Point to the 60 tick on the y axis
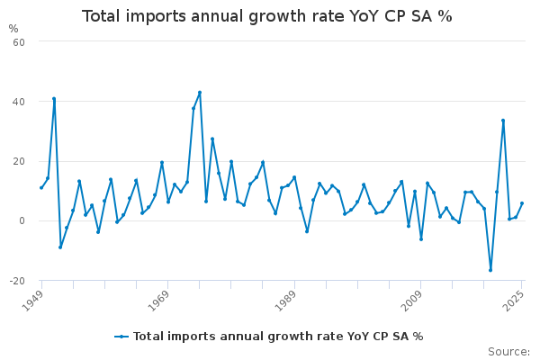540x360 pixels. click(x=18, y=41)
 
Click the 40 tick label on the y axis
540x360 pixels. click(x=18, y=102)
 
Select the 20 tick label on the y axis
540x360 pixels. click(x=18, y=161)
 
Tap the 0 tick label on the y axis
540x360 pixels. click(x=22, y=221)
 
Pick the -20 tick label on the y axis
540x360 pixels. click(x=16, y=281)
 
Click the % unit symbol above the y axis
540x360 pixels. click(x=13, y=29)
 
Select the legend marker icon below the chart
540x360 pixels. click(x=122, y=337)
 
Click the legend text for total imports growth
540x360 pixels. click(x=278, y=337)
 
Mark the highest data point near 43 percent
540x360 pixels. click(x=200, y=92)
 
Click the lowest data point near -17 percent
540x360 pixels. click(x=490, y=270)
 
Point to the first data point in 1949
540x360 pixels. click(x=41, y=187)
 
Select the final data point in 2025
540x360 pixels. click(x=522, y=203)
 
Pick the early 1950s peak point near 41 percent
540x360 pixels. click(x=54, y=99)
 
